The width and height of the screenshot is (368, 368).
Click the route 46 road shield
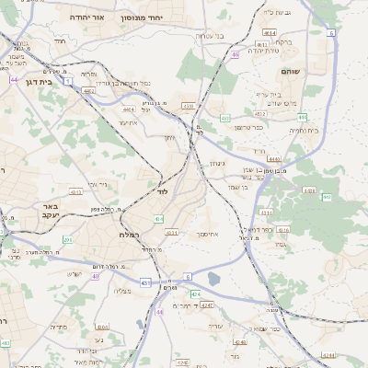[x=236, y=54]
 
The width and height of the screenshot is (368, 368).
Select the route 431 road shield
[x=146, y=282]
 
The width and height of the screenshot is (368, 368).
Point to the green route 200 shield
[x=67, y=239]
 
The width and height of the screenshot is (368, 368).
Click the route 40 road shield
[x=96, y=276]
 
